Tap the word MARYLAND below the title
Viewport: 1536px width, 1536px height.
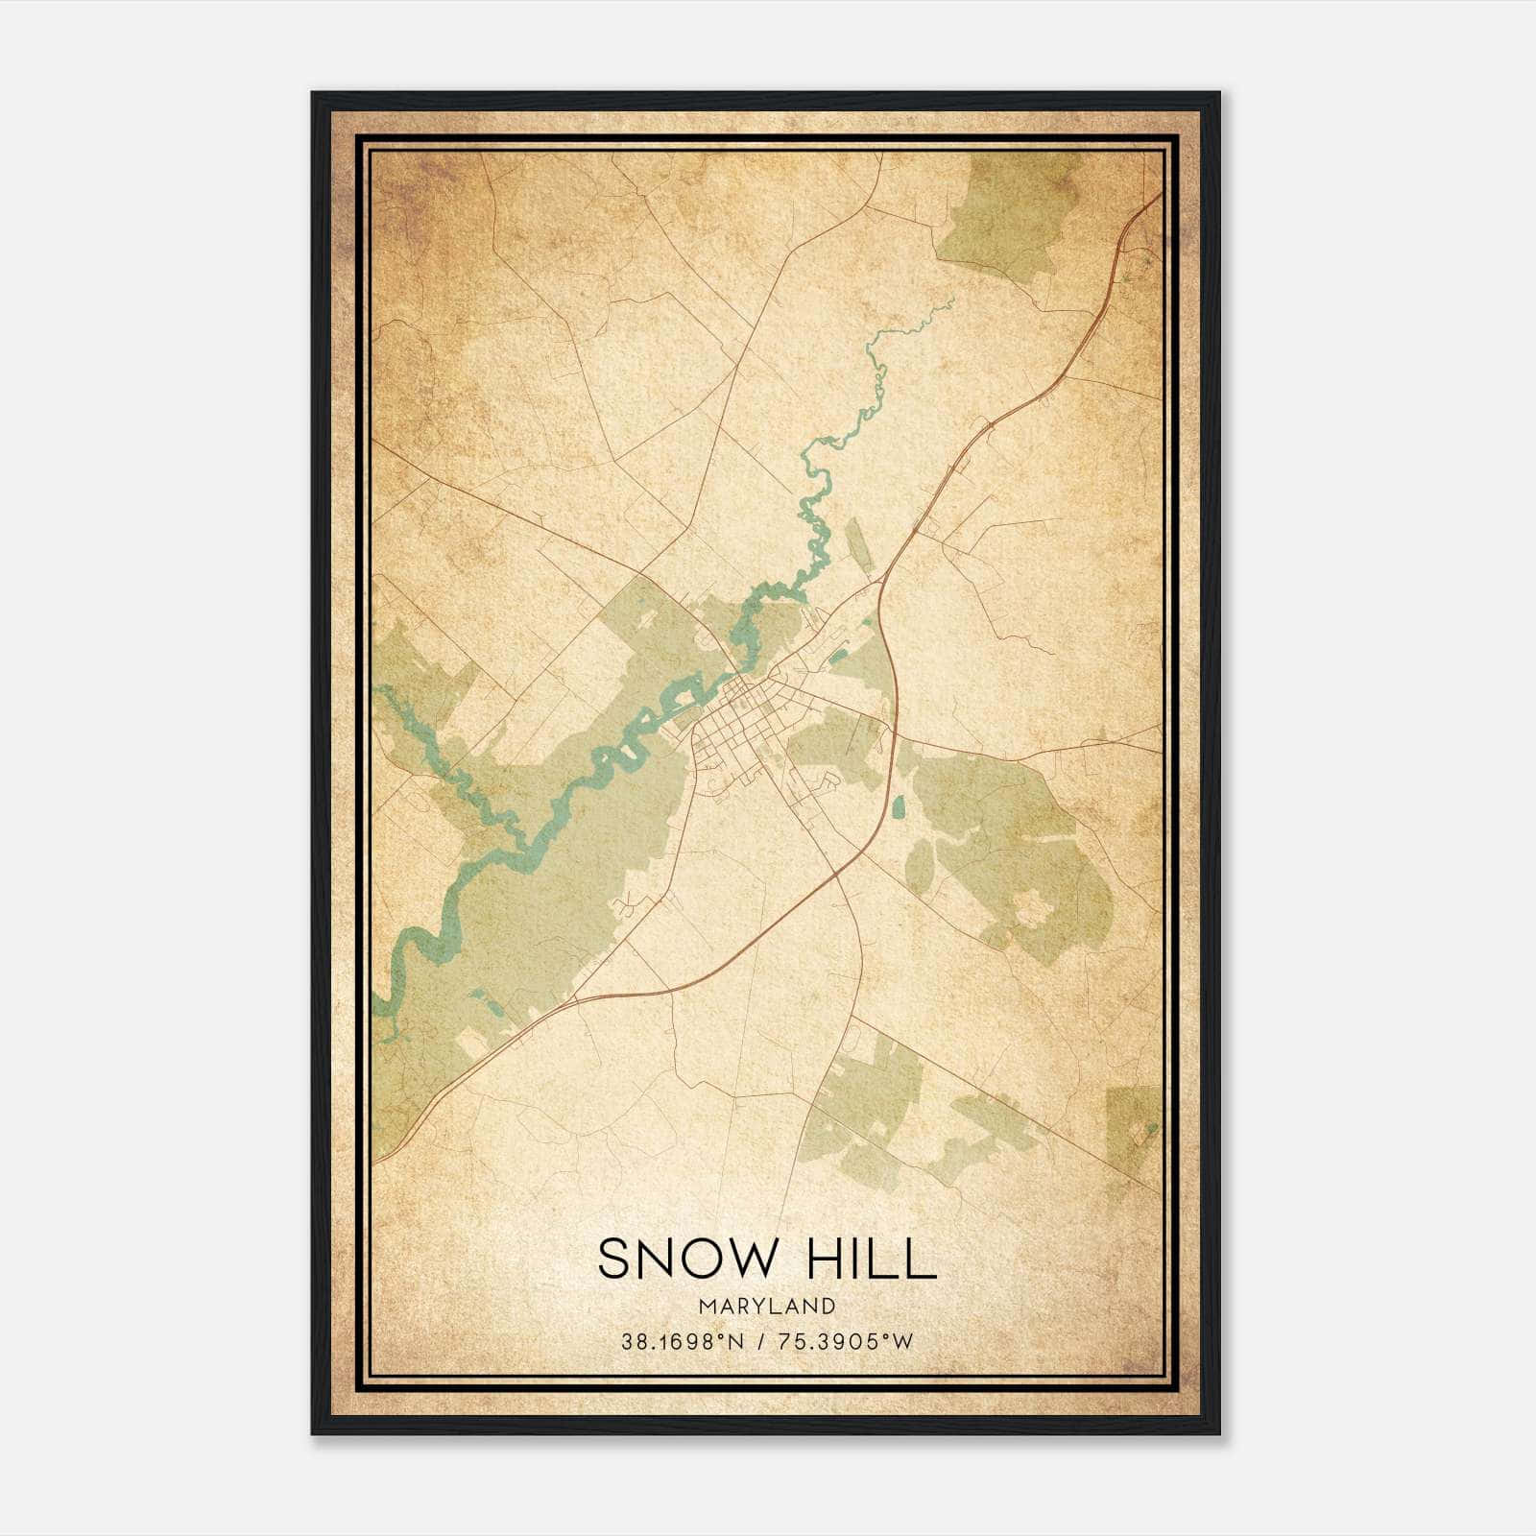(767, 1307)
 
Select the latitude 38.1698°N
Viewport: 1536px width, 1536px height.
(683, 1342)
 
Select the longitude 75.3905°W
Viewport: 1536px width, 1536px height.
(848, 1342)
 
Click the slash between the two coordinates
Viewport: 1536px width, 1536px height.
(761, 1342)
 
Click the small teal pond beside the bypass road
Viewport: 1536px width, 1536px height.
(898, 807)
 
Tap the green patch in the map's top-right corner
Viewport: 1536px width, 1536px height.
(1003, 206)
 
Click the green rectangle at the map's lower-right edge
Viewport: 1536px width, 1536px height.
(1133, 1133)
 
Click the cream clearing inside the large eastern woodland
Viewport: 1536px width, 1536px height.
(1032, 906)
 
